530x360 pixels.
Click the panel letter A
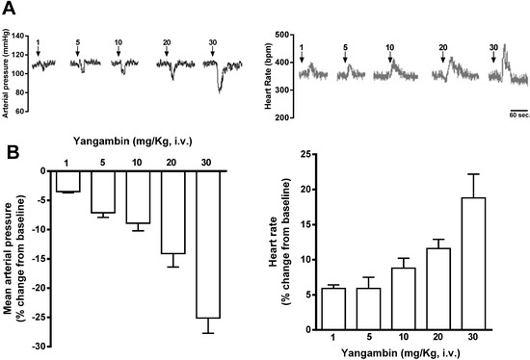pyautogui.click(x=11, y=10)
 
